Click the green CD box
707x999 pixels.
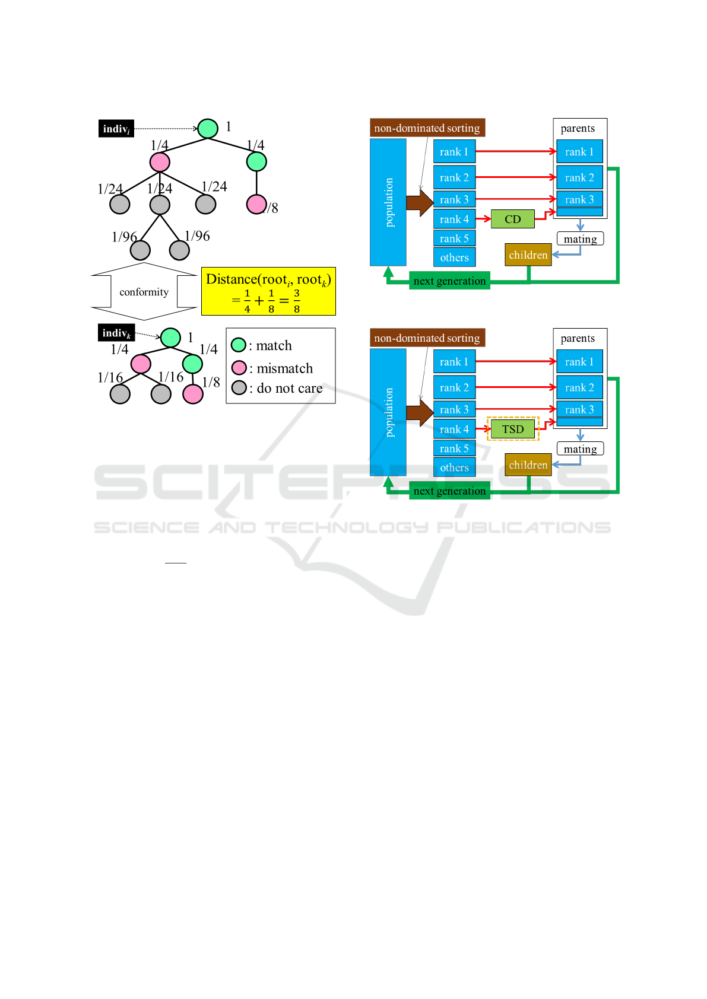512,219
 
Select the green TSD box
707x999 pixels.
512,429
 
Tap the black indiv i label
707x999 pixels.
116,129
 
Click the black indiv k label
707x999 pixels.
116,333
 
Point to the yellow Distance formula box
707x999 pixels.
268,291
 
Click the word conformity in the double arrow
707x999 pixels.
144,292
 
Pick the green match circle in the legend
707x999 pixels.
239,345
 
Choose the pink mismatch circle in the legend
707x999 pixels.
239,367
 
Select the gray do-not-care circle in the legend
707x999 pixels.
239,387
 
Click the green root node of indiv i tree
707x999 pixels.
208,129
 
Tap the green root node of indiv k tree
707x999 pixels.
170,338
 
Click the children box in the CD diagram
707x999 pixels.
528,254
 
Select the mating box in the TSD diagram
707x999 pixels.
580,448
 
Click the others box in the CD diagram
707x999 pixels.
454,257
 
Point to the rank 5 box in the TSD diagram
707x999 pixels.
454,448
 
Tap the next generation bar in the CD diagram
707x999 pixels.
449,281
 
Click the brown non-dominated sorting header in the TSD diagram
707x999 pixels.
427,338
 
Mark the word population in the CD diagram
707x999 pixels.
389,202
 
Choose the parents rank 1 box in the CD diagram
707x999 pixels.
579,152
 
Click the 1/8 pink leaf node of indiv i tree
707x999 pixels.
256,204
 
